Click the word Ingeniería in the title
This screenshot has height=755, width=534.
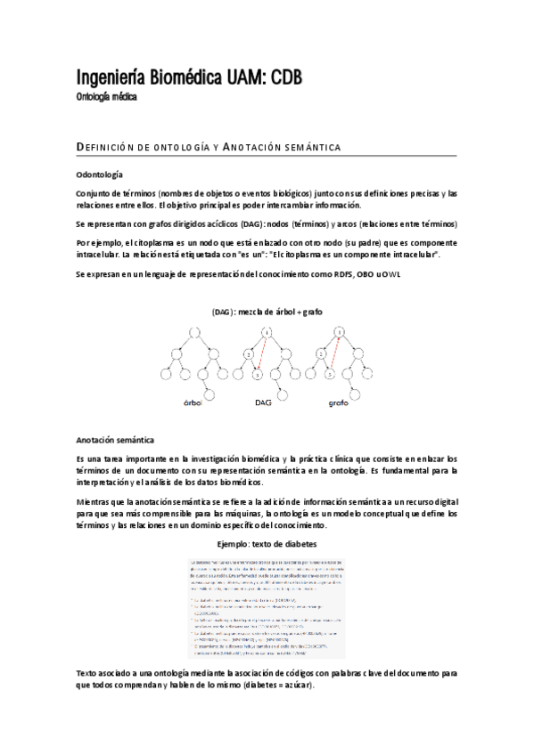pos(108,79)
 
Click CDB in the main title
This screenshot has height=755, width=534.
pos(281,79)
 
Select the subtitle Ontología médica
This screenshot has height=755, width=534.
pos(106,96)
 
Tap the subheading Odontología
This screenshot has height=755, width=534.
pos(100,175)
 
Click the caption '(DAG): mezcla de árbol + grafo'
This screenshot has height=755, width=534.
pos(267,312)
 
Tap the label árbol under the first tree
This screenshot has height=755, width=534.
pos(193,402)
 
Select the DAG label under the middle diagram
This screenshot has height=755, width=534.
pos(263,402)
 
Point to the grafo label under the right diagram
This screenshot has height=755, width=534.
pos(339,402)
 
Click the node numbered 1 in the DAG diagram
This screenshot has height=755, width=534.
pos(268,334)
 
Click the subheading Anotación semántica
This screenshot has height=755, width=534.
pos(116,440)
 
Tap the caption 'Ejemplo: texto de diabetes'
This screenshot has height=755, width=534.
pos(267,542)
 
